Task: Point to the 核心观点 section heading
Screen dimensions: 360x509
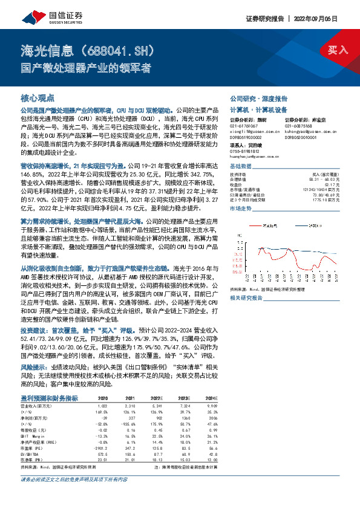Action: (x=38, y=98)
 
